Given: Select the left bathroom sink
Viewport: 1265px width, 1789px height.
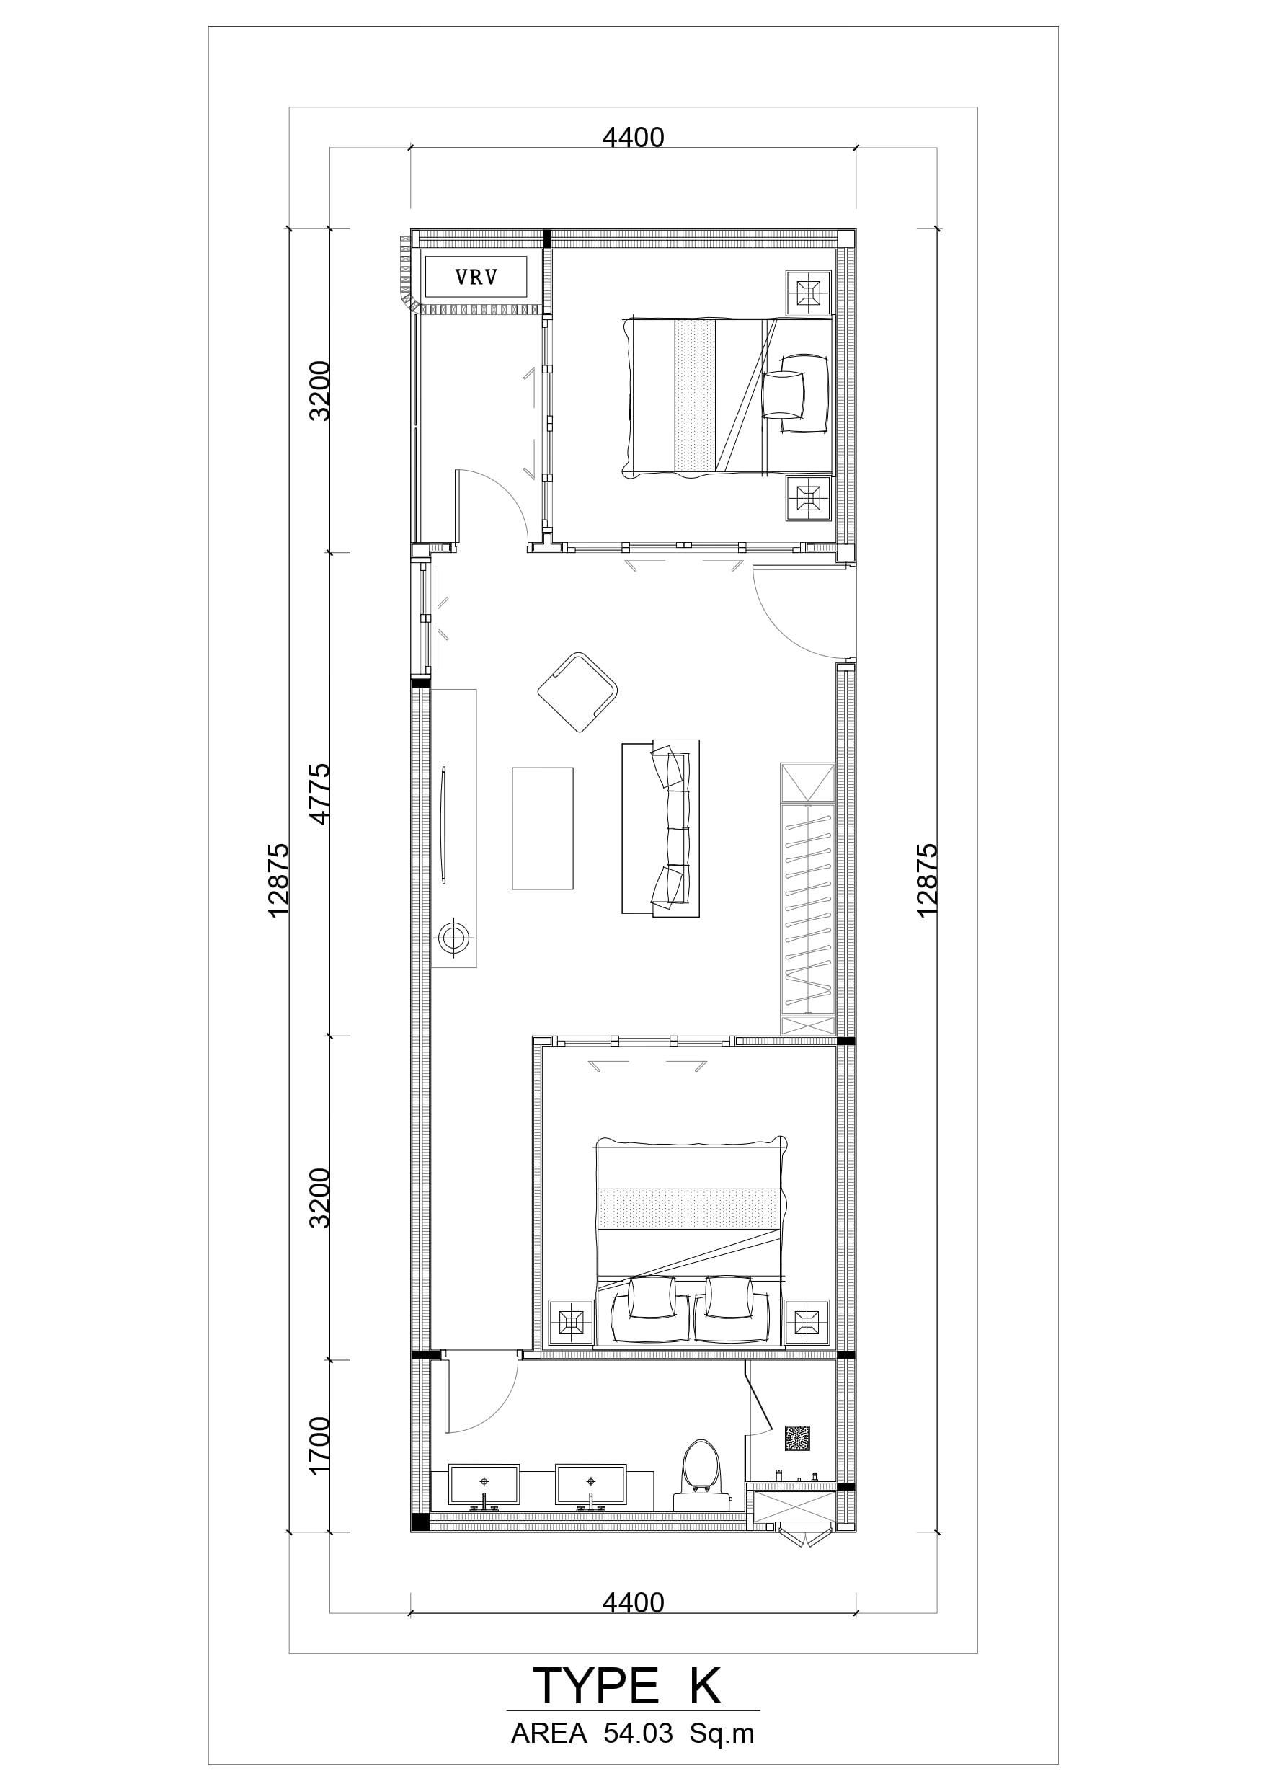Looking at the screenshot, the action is click(484, 1485).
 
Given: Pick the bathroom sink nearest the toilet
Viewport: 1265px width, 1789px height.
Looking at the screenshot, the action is click(590, 1485).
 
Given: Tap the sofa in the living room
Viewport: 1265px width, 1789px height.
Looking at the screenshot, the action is click(660, 827).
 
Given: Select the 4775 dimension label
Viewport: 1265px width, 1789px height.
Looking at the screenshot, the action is click(320, 794).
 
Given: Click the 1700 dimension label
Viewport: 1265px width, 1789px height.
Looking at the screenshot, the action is click(320, 1445).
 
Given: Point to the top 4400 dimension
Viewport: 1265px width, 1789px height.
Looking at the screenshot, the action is click(633, 137).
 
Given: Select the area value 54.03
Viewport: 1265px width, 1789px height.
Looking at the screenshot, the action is click(638, 1734).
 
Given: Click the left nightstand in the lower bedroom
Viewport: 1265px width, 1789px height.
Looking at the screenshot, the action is click(572, 1322).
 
